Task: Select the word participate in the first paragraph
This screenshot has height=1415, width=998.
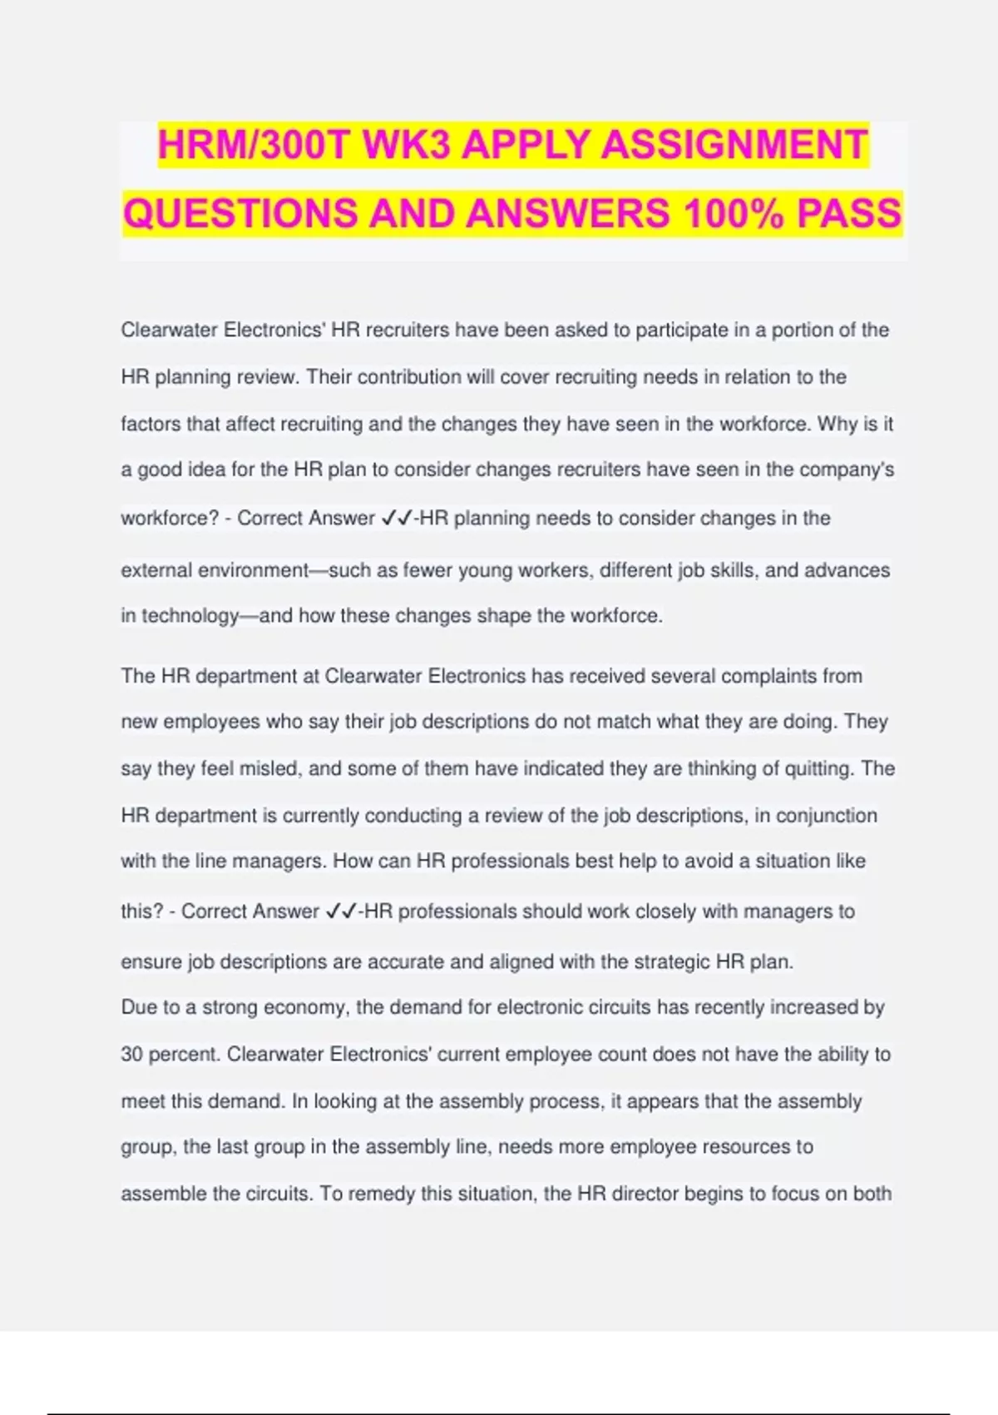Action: coord(682,330)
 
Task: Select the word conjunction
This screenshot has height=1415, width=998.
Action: coord(827,815)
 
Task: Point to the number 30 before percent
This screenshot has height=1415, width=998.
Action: coord(131,1055)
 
